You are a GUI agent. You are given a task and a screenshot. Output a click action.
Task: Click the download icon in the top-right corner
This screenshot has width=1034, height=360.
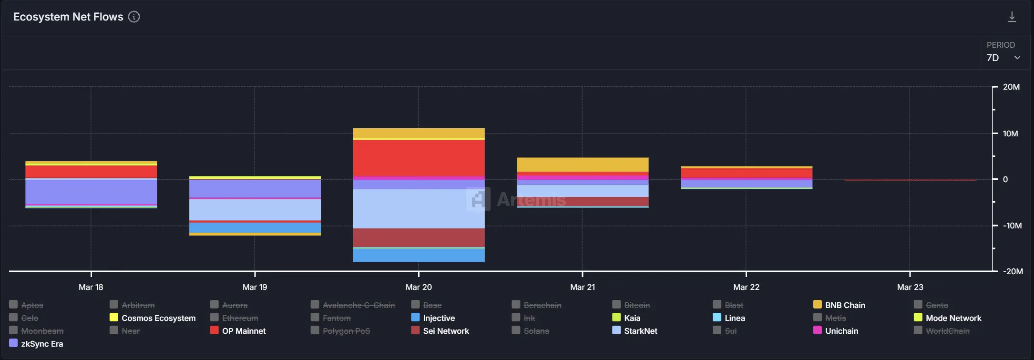1012,17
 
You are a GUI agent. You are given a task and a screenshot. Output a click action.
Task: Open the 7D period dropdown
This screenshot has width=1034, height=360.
1003,58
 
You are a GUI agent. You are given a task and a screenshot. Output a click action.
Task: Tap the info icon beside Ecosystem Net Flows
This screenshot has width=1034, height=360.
134,17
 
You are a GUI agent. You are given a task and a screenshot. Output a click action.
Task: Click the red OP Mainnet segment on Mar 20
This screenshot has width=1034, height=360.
419,158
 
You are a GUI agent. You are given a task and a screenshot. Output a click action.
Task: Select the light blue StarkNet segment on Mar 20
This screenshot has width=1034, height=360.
419,209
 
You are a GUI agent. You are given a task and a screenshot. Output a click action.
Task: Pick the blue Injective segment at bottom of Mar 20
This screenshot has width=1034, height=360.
419,255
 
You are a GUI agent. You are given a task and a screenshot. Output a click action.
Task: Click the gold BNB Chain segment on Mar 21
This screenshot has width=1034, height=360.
583,165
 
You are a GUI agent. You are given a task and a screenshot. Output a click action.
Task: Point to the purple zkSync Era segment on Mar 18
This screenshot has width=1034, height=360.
91,192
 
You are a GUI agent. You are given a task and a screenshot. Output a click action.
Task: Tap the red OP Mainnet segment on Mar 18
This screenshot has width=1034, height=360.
91,172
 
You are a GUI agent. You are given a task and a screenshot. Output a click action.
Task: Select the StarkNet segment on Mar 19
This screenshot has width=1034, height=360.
255,210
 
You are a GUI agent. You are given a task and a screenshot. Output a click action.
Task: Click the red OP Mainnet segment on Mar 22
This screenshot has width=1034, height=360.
747,173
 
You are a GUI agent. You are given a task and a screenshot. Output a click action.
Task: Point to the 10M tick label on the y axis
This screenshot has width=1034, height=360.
1010,134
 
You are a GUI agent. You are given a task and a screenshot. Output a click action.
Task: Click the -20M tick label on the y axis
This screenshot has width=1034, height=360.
1013,271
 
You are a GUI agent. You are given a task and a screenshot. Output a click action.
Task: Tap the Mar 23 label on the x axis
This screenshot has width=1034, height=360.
910,287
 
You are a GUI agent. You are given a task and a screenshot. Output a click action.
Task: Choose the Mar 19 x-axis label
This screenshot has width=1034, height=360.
255,287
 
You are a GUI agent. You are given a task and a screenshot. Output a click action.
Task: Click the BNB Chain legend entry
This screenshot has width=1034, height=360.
845,305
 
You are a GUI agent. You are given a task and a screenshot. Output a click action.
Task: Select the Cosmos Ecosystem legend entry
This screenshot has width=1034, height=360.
158,318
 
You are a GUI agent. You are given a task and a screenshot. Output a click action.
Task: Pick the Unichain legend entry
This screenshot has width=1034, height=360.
841,331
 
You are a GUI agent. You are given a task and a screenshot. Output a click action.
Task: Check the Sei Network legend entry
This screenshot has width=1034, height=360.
446,331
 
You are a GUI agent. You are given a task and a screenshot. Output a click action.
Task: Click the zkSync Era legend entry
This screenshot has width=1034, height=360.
42,344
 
